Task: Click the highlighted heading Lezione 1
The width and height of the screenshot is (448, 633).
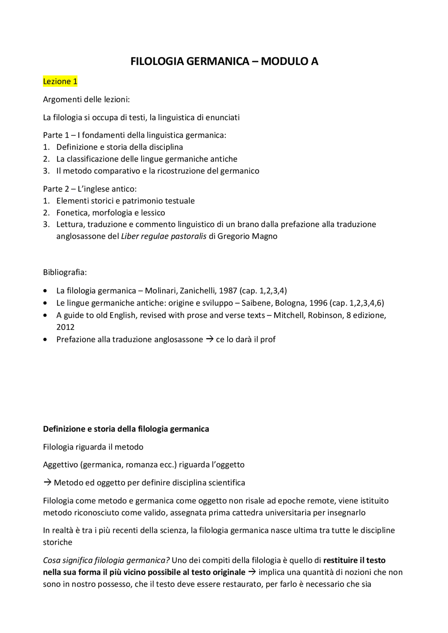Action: pos(60,81)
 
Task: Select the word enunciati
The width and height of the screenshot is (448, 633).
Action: pos(222,117)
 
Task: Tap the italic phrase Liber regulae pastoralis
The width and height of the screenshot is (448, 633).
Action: pos(163,236)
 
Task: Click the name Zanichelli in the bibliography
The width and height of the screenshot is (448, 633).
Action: pos(198,291)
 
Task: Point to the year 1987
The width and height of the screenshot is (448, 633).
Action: pos(228,291)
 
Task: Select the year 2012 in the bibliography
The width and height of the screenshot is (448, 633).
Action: pos(65,327)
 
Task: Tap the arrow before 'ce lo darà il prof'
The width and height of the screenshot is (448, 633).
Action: pos(209,339)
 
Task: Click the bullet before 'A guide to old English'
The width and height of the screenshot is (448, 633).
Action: pos(45,315)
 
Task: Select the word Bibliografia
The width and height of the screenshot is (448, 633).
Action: pos(65,272)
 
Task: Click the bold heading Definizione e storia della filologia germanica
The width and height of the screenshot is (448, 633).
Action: pos(126,429)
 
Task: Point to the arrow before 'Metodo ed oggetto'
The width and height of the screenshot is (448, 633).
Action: pos(47,483)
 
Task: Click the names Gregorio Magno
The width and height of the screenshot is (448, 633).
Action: pos(247,236)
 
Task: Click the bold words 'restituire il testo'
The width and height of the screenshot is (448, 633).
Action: pos(354,560)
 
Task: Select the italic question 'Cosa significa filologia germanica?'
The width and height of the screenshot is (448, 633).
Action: pos(106,560)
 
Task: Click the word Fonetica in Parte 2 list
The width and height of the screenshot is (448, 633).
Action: pos(72,213)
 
